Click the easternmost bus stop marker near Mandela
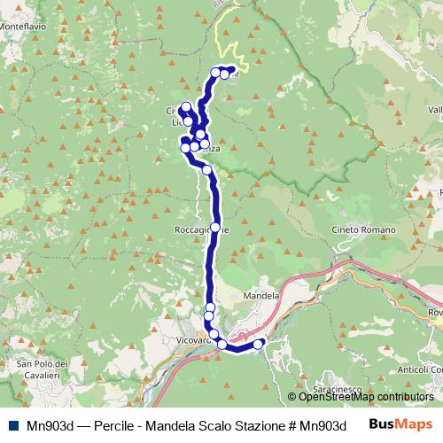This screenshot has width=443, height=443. click(x=259, y=344)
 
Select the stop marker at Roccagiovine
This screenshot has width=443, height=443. click(x=214, y=228)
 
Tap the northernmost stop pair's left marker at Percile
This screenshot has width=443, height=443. click(x=215, y=72)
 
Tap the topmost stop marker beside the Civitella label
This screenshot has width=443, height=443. click(x=186, y=108)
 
